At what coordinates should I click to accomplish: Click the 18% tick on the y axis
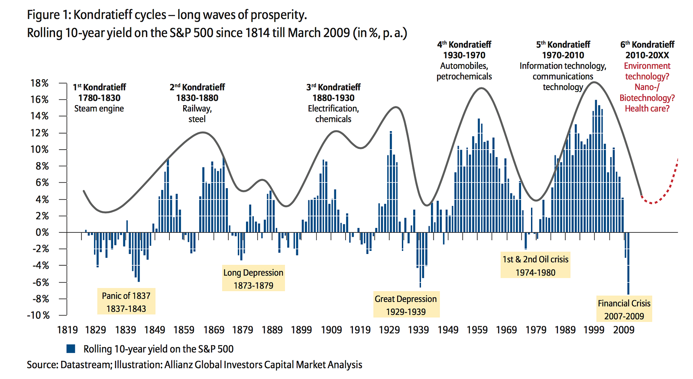(x=39, y=83)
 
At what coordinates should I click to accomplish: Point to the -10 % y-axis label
(x=38, y=315)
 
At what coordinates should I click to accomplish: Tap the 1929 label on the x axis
(x=389, y=330)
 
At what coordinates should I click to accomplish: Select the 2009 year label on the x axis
(x=624, y=330)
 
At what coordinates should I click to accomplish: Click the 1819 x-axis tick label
(x=68, y=330)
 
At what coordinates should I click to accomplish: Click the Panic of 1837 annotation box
(x=126, y=302)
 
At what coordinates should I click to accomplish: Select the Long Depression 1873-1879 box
(x=253, y=278)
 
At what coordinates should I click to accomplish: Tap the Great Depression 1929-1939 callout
(x=406, y=305)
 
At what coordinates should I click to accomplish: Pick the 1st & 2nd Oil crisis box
(x=535, y=265)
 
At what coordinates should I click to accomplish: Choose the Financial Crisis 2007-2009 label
(x=624, y=309)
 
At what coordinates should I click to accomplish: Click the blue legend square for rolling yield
(x=71, y=349)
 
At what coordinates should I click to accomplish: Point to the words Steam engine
(x=99, y=109)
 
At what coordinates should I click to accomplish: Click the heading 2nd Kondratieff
(x=197, y=87)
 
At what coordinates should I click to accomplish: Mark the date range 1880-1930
(x=334, y=98)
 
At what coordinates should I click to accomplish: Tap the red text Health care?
(x=647, y=109)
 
